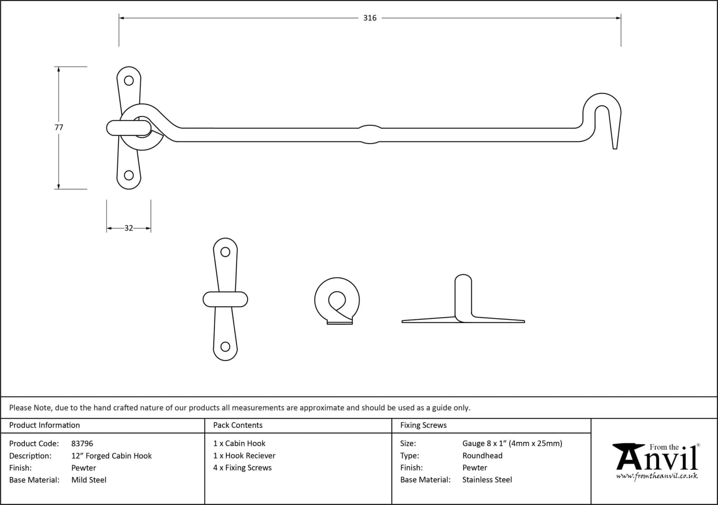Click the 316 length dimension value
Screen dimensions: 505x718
coord(370,18)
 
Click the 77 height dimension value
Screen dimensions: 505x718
coord(59,127)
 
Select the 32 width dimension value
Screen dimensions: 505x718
coord(129,228)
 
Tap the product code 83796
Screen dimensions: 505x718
coord(82,444)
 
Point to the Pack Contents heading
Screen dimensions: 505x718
coord(238,425)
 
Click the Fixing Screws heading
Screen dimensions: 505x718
coord(423,425)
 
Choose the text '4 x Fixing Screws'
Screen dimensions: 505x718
coord(242,467)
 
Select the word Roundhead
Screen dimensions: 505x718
coord(482,456)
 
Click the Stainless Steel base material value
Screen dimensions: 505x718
coord(487,480)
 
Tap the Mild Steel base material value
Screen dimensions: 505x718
coord(89,480)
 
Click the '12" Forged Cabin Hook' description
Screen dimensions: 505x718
coord(111,456)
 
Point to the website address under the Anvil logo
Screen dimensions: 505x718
coord(657,476)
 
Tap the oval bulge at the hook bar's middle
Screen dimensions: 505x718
coord(370,134)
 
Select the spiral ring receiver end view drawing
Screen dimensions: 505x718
coord(337,301)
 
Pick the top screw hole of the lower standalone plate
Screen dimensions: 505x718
coord(225,252)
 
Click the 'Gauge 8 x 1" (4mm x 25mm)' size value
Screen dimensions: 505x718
coord(512,444)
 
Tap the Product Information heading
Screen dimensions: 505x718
coord(45,425)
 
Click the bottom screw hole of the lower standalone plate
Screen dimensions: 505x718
coord(225,347)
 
